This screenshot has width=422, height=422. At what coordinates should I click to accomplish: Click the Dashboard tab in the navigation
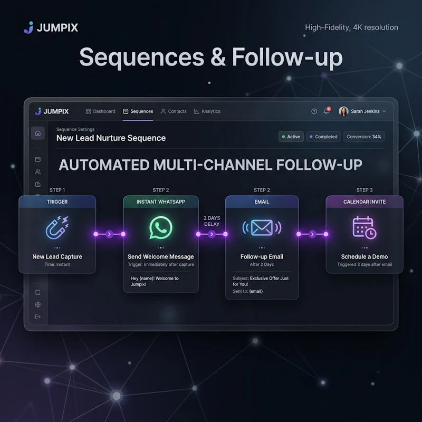click(x=100, y=111)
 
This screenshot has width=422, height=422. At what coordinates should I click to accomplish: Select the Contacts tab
click(x=174, y=111)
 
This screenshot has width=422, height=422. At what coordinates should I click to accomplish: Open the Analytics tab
click(x=207, y=111)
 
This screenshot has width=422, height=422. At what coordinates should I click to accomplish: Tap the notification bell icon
click(x=327, y=111)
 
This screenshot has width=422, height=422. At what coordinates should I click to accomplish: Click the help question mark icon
click(x=314, y=111)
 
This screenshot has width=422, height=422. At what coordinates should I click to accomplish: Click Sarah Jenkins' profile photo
click(x=343, y=111)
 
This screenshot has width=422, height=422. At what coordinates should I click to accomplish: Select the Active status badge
click(x=291, y=137)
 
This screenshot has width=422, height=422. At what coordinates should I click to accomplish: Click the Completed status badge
click(x=323, y=137)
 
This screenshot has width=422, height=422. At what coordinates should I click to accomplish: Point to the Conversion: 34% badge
click(x=364, y=137)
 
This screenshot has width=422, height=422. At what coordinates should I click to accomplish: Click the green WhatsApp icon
click(x=161, y=227)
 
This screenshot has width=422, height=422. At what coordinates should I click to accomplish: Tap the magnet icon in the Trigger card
click(x=57, y=228)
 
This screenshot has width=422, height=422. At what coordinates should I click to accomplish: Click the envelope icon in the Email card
click(x=262, y=228)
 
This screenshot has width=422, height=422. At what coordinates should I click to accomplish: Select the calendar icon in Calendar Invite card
click(x=364, y=228)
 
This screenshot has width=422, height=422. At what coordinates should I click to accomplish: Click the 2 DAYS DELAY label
click(x=212, y=221)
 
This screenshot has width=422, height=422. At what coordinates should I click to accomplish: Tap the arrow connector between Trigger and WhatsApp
click(x=109, y=234)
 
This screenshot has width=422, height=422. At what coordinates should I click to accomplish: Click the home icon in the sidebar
click(x=38, y=133)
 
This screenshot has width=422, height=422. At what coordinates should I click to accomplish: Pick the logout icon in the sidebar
click(x=38, y=317)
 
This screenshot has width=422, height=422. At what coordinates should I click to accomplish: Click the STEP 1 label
click(x=57, y=190)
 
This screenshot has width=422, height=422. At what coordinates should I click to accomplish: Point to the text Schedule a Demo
click(x=365, y=257)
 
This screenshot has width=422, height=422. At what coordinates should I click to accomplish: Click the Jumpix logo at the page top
click(x=51, y=27)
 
